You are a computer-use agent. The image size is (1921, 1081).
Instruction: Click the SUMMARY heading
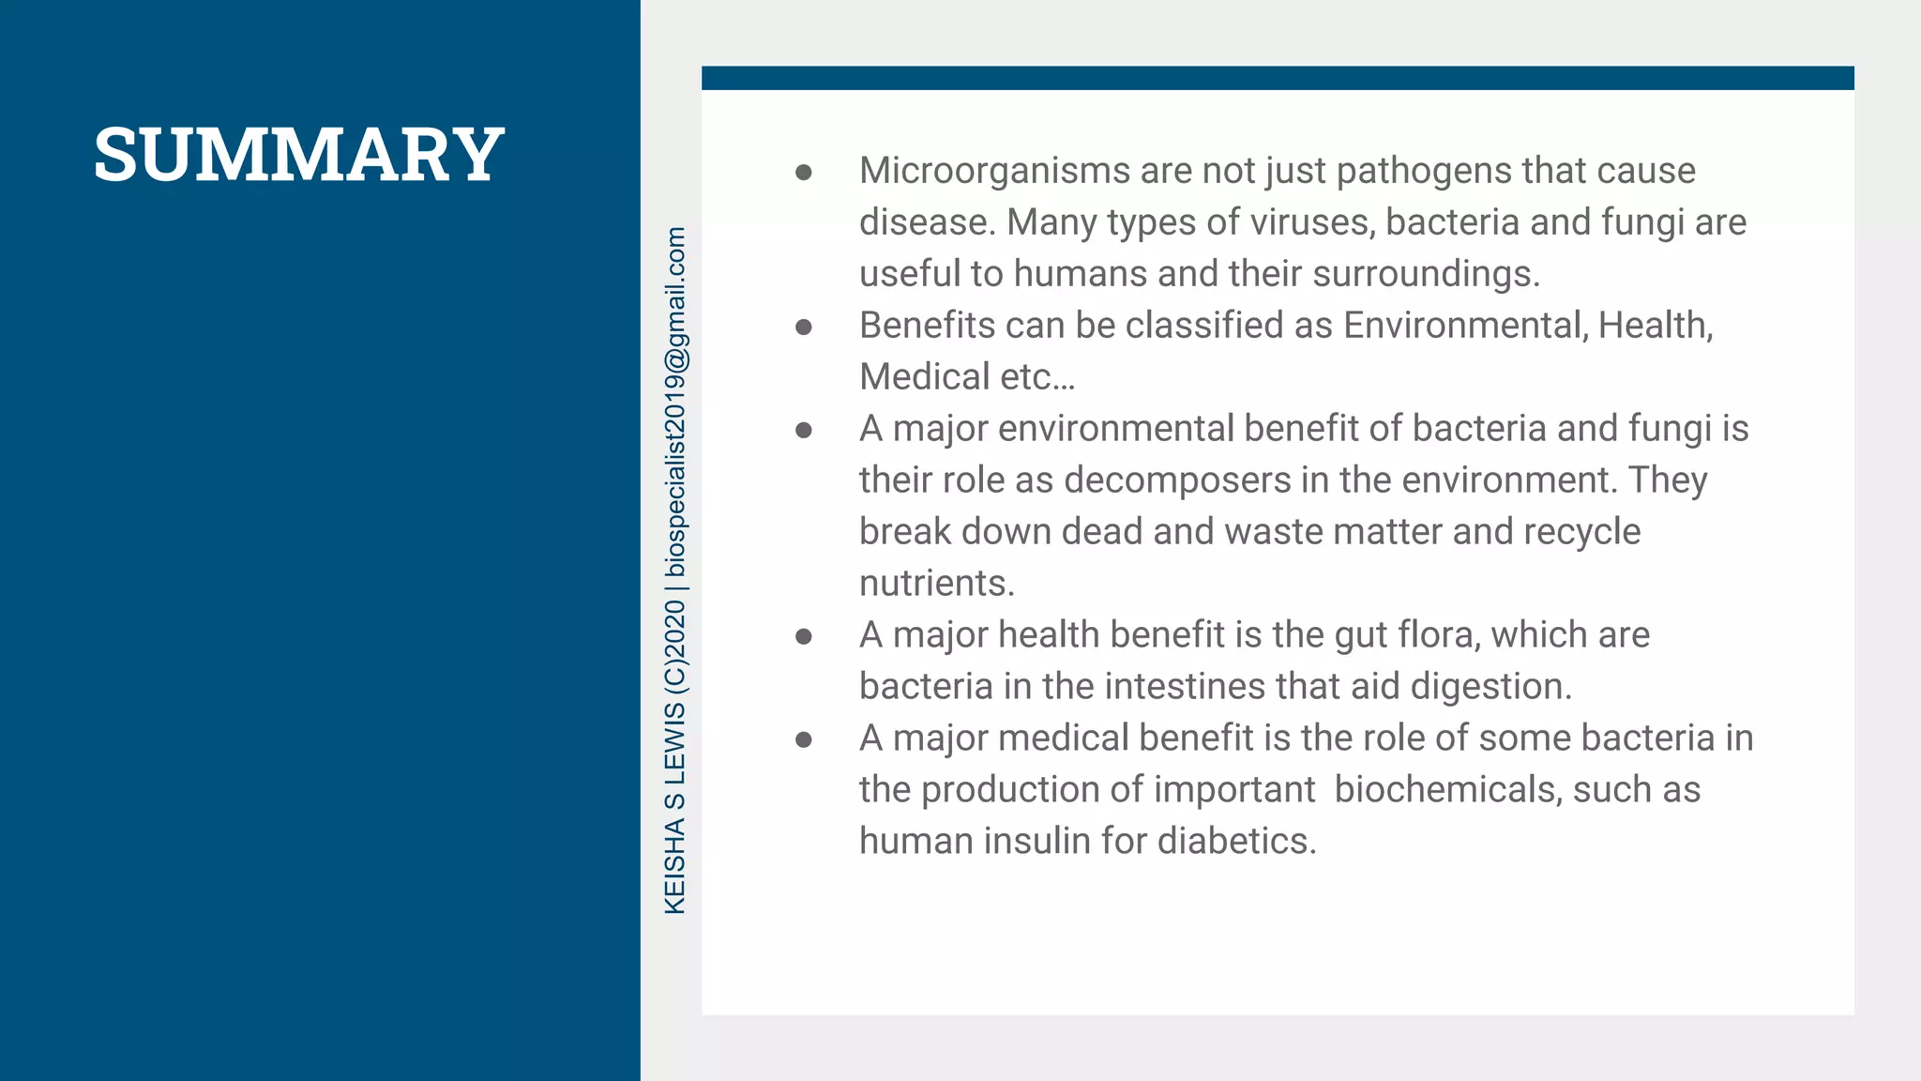click(299, 154)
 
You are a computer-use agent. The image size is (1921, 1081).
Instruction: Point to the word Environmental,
click(1465, 326)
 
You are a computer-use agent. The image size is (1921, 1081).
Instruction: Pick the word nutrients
click(937, 584)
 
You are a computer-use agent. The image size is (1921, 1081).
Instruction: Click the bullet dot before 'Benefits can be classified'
click(804, 327)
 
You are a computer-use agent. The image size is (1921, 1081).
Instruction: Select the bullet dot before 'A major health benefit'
click(804, 637)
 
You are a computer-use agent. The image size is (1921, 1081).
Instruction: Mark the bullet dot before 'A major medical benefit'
click(804, 740)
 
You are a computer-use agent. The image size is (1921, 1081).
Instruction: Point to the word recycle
click(1581, 532)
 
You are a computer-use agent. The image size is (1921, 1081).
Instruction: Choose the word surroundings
click(1426, 274)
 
